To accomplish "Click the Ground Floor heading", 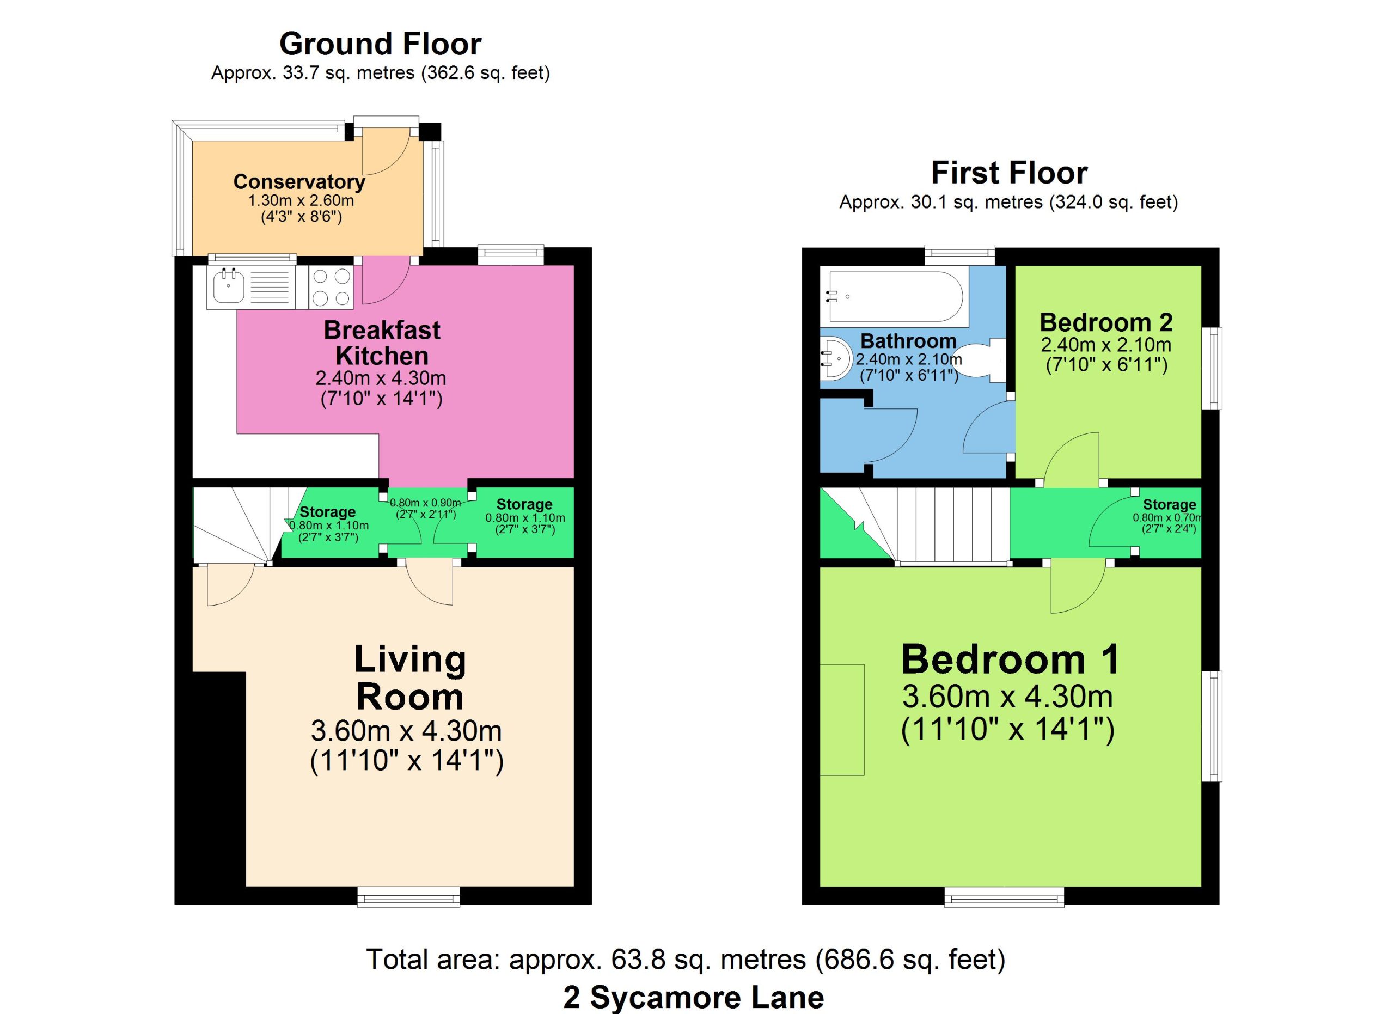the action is pyautogui.click(x=381, y=44).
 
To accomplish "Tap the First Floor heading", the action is pyautogui.click(x=1009, y=173).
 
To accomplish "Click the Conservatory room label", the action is pyautogui.click(x=299, y=182).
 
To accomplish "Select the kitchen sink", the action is pyautogui.click(x=229, y=286).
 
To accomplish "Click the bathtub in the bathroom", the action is pyautogui.click(x=895, y=296).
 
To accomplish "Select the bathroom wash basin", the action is pyautogui.click(x=835, y=359).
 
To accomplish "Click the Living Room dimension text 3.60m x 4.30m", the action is pyautogui.click(x=406, y=731).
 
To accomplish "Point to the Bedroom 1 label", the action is pyautogui.click(x=1011, y=659).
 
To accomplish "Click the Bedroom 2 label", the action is pyautogui.click(x=1106, y=322).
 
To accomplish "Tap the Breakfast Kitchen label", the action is pyautogui.click(x=382, y=343).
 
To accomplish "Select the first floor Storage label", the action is pyautogui.click(x=1169, y=504).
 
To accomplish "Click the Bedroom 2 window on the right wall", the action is pyautogui.click(x=1212, y=368).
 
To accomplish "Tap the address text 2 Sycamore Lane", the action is pyautogui.click(x=694, y=997).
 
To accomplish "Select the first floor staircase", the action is pyautogui.click(x=916, y=524).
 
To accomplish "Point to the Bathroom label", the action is pyautogui.click(x=908, y=340).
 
